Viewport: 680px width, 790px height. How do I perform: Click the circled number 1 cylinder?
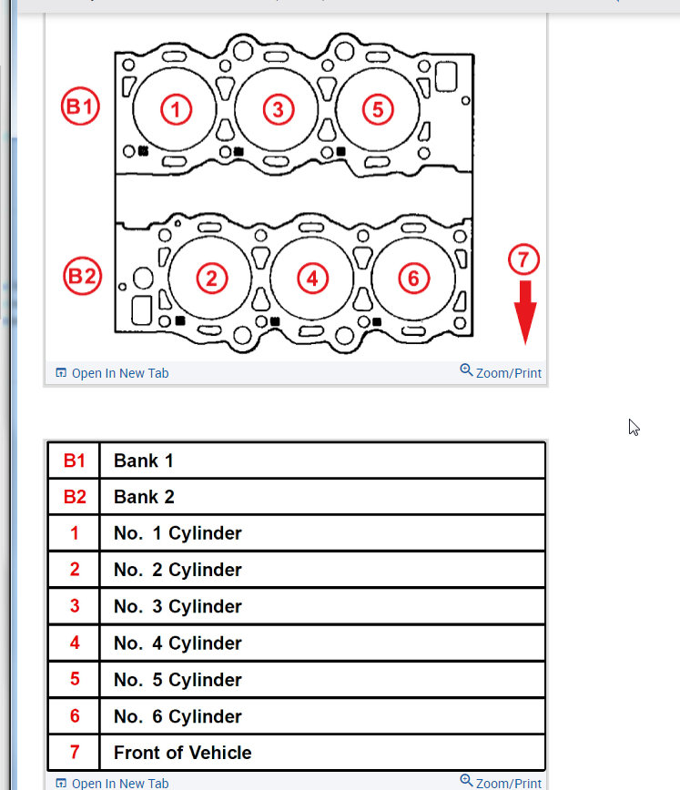pyautogui.click(x=177, y=110)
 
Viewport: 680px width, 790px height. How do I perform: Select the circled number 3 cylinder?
pyautogui.click(x=278, y=110)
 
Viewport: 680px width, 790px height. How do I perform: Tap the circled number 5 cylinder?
pyautogui.click(x=378, y=110)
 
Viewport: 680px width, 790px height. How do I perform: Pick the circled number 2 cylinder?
pyautogui.click(x=211, y=278)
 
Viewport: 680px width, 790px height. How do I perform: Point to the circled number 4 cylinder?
pyautogui.click(x=312, y=278)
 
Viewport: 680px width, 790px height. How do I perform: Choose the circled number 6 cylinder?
pyautogui.click(x=413, y=278)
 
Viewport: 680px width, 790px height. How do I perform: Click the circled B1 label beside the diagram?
pyautogui.click(x=80, y=107)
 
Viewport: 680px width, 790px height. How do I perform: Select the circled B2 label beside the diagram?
pyautogui.click(x=81, y=276)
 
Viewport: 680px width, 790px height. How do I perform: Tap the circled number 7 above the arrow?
pyautogui.click(x=523, y=259)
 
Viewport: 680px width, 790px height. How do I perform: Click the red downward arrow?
pyautogui.click(x=524, y=312)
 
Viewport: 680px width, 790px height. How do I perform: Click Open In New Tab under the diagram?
pyautogui.click(x=112, y=373)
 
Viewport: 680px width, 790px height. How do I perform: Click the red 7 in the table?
pyautogui.click(x=75, y=753)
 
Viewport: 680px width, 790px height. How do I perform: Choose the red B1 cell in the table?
pyautogui.click(x=74, y=461)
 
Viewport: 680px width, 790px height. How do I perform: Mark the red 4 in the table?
pyautogui.click(x=75, y=643)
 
